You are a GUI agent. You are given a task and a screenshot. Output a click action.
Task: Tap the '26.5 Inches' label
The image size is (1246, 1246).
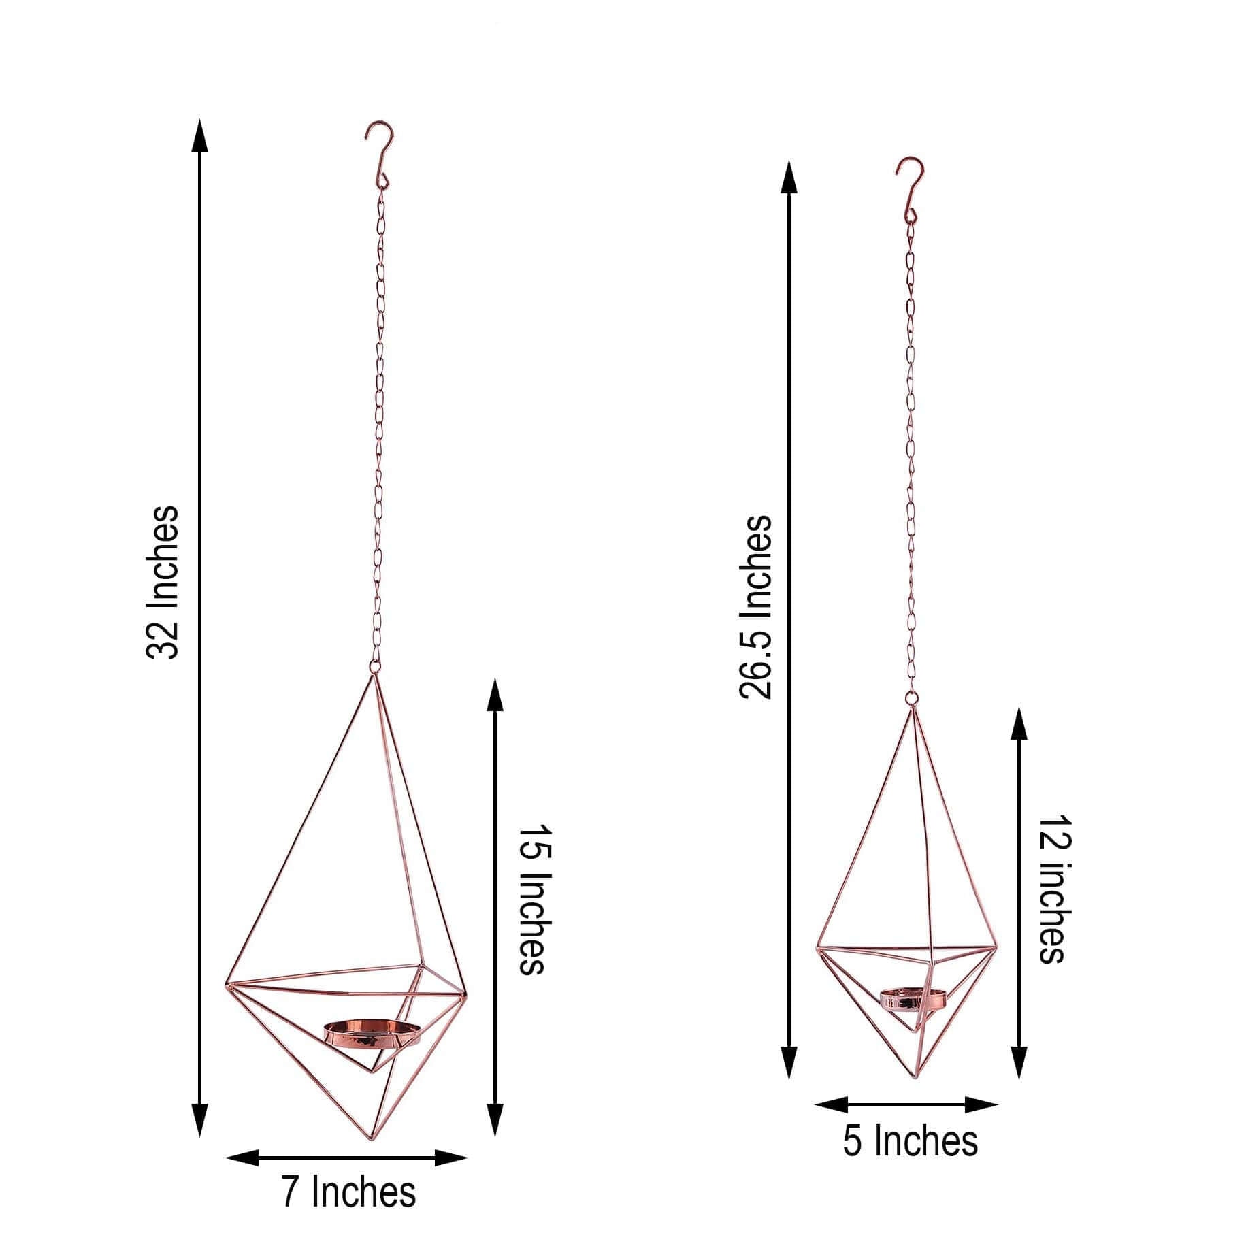(756, 608)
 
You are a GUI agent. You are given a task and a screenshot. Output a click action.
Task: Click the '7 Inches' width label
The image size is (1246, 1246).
(348, 1192)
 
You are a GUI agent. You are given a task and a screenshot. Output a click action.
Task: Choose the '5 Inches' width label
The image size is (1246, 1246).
(910, 1141)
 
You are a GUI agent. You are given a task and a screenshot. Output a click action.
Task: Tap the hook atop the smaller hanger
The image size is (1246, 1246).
(908, 188)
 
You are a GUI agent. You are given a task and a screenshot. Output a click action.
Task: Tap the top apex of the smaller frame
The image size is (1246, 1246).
(911, 709)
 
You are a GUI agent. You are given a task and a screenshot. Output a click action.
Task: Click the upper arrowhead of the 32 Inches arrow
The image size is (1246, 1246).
(199, 136)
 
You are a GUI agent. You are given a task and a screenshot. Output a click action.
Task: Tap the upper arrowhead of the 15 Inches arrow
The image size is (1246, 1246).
(495, 693)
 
